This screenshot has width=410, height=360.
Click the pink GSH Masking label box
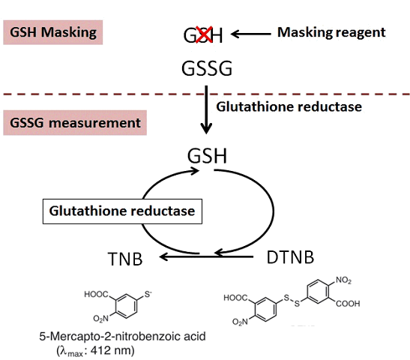click(52, 32)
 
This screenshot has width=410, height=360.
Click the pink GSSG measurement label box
click(75, 123)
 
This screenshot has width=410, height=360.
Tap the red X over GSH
click(204, 34)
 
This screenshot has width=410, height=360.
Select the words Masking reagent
click(331, 33)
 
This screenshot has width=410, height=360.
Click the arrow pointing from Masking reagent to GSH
click(251, 34)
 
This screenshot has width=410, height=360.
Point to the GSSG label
click(207, 68)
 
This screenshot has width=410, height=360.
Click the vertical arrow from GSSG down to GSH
click(206, 110)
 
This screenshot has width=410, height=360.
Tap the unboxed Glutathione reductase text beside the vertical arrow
click(289, 106)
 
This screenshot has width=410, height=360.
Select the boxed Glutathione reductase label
click(122, 211)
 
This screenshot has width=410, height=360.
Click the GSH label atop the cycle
click(207, 156)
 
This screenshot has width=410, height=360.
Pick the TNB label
click(125, 259)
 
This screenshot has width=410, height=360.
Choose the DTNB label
click(290, 257)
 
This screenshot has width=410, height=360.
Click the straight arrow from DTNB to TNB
click(206, 257)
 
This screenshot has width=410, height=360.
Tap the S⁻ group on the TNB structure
click(148, 294)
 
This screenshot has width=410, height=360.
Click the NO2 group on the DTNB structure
click(343, 280)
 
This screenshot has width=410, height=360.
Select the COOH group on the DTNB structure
click(348, 304)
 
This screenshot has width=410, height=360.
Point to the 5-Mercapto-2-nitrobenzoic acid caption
click(122, 337)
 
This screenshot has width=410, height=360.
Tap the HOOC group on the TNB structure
click(96, 294)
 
